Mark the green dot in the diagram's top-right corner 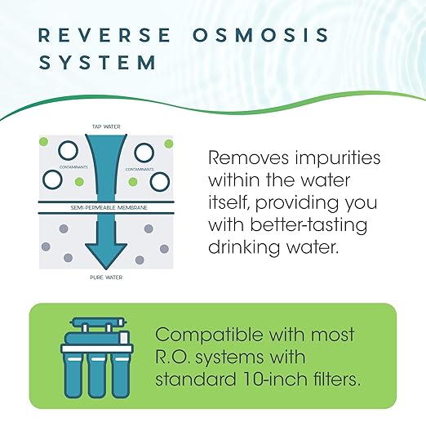pos(168,144)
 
